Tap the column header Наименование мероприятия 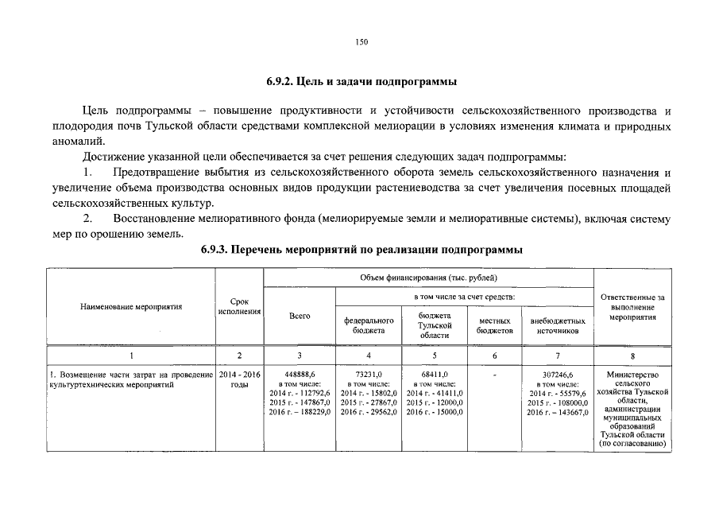click(x=131, y=305)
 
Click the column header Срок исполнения click(x=239, y=306)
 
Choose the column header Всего click(x=300, y=316)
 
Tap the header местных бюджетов click(x=495, y=325)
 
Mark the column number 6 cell click(x=495, y=355)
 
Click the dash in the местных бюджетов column click(x=495, y=375)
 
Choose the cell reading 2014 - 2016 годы click(x=239, y=379)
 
